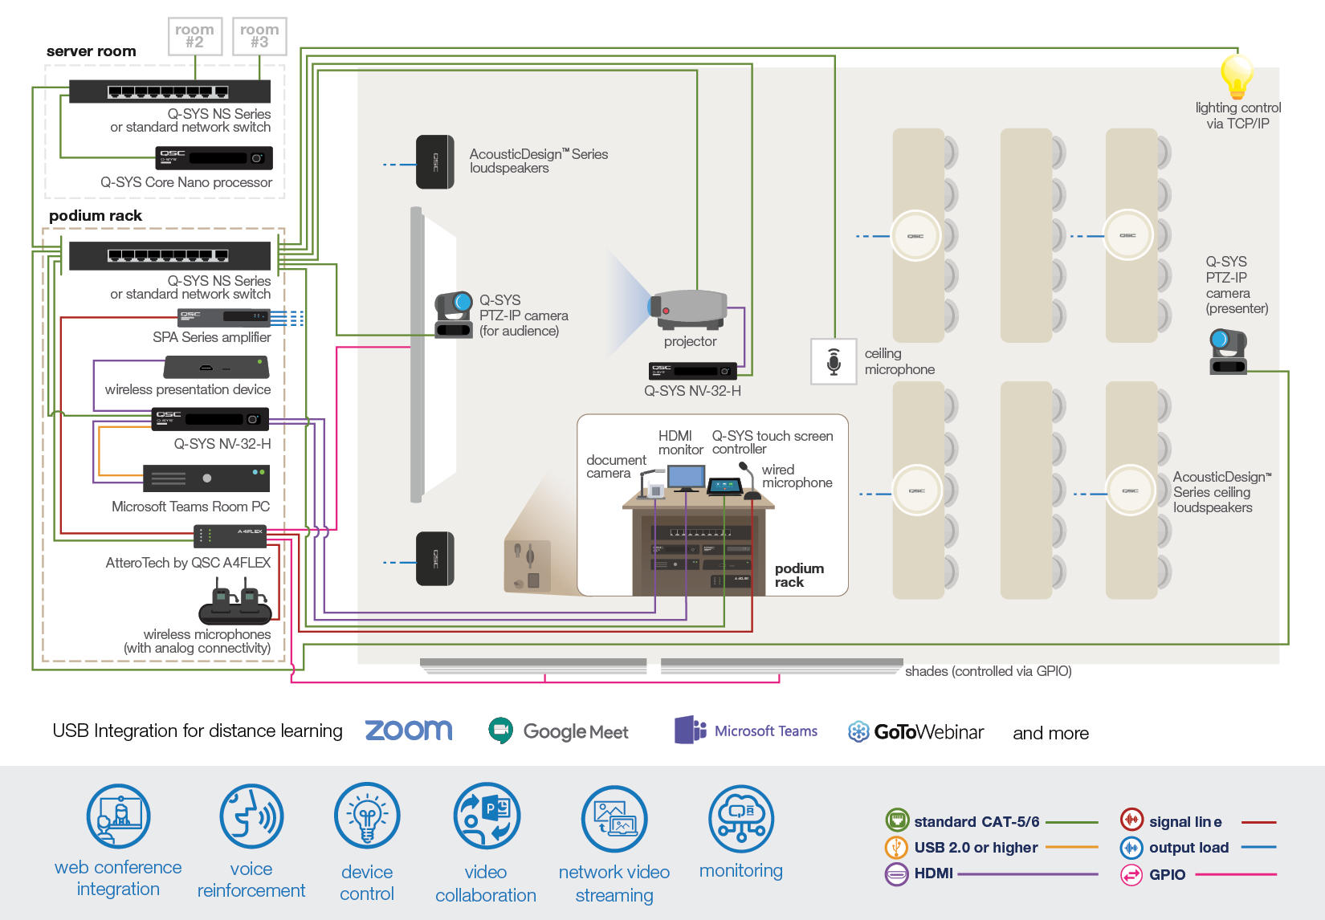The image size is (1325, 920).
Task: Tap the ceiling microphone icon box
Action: click(x=834, y=361)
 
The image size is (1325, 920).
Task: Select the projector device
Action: click(x=689, y=310)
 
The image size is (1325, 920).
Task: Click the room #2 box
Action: click(x=195, y=36)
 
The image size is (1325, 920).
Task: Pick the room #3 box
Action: click(x=259, y=36)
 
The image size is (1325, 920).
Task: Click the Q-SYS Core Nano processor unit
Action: click(x=214, y=158)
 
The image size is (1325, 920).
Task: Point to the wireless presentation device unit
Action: click(x=216, y=368)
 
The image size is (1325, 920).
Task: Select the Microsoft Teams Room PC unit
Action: click(x=206, y=478)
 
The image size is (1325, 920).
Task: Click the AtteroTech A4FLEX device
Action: click(x=230, y=535)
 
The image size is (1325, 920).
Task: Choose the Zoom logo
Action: click(x=409, y=731)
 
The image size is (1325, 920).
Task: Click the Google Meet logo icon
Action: click(x=501, y=731)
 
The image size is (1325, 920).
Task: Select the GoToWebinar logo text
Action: click(x=928, y=732)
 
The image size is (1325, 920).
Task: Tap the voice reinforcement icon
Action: click(x=251, y=816)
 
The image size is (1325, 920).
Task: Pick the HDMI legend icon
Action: click(x=896, y=873)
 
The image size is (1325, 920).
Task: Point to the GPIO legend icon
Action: click(x=1131, y=874)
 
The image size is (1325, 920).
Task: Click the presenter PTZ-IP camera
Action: click(x=1227, y=351)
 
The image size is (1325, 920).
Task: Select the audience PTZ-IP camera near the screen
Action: click(x=454, y=315)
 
